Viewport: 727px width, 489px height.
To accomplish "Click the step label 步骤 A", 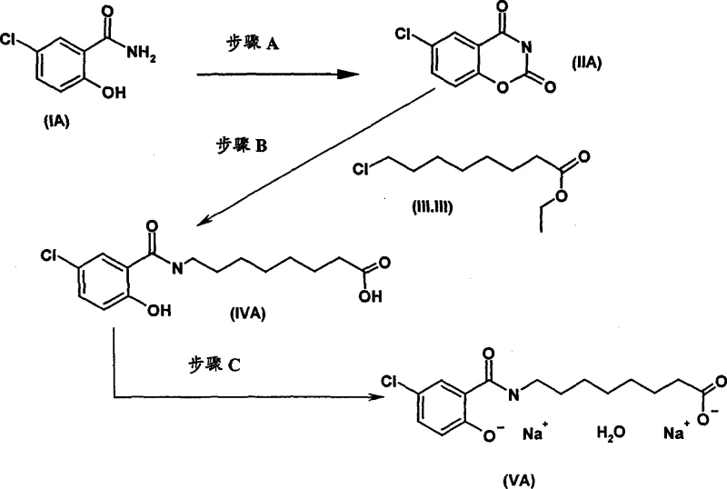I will click(252, 43).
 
